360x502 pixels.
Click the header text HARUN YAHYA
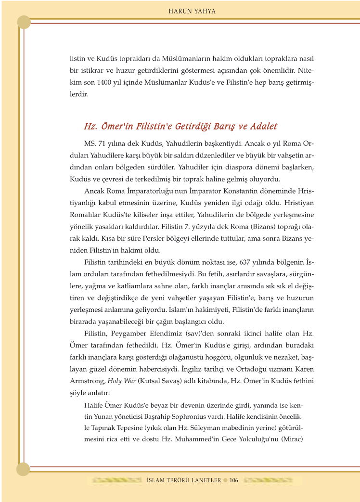coord(192,11)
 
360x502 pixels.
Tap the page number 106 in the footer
coord(234,480)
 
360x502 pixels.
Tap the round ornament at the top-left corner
coord(24,22)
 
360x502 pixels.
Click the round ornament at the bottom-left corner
coord(23,469)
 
